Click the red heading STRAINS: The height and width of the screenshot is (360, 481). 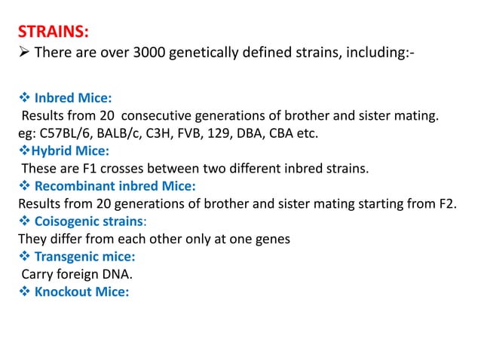click(52, 32)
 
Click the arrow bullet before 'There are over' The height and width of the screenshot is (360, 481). click(23, 53)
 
